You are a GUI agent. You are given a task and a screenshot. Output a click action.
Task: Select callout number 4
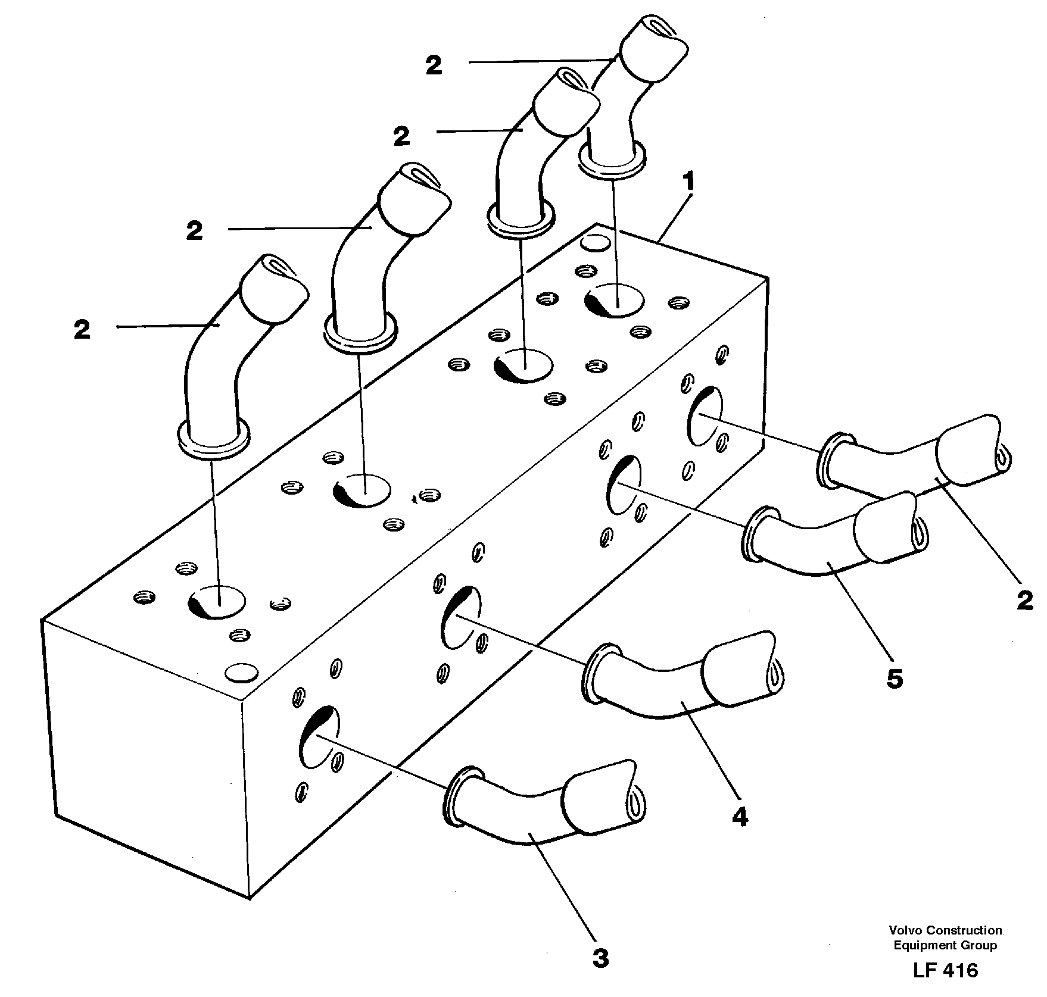tap(739, 818)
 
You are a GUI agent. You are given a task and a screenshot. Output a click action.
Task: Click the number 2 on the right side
tap(1024, 601)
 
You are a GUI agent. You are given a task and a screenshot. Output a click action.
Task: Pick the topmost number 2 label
tap(434, 65)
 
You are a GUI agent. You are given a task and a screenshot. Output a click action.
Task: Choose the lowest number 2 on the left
tap(82, 329)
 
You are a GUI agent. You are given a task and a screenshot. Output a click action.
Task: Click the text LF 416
tap(945, 970)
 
